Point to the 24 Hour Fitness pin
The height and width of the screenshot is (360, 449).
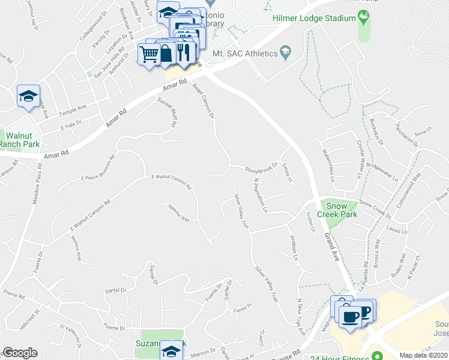[x=377, y=355]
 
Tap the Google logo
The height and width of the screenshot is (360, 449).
[x=20, y=353]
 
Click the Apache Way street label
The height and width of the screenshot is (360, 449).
[x=179, y=212]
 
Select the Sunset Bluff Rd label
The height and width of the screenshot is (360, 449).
[x=166, y=113]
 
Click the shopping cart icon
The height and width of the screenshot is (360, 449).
[x=149, y=55]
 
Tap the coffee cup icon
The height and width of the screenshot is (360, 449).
[x=350, y=315]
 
